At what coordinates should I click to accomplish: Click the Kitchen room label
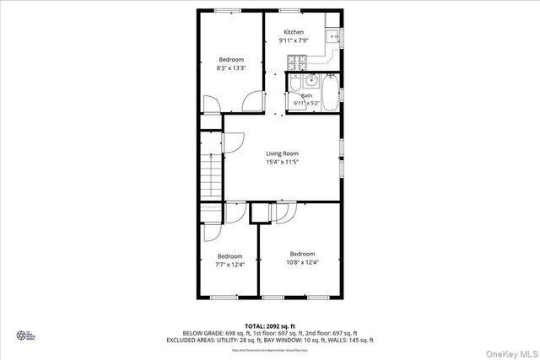click(294, 32)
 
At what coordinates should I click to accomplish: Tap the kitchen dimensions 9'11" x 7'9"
click(294, 40)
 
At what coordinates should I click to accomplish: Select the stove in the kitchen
click(296, 62)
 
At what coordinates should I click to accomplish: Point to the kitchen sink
click(333, 35)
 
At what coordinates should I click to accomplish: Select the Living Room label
click(282, 153)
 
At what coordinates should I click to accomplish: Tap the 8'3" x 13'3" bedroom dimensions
click(231, 68)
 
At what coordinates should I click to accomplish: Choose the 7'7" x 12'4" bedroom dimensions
click(230, 265)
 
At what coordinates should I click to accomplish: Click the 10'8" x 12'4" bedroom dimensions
click(302, 262)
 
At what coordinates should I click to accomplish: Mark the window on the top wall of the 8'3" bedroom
click(228, 10)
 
